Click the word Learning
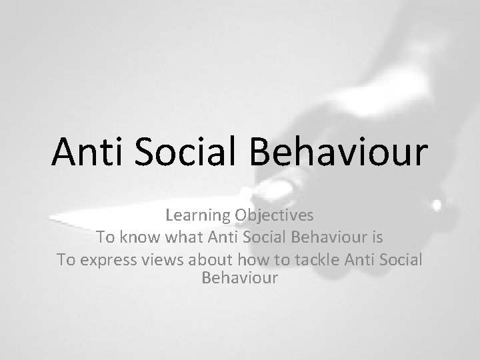click(x=197, y=216)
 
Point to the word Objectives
click(x=273, y=217)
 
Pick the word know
click(x=139, y=237)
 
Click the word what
click(x=181, y=237)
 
